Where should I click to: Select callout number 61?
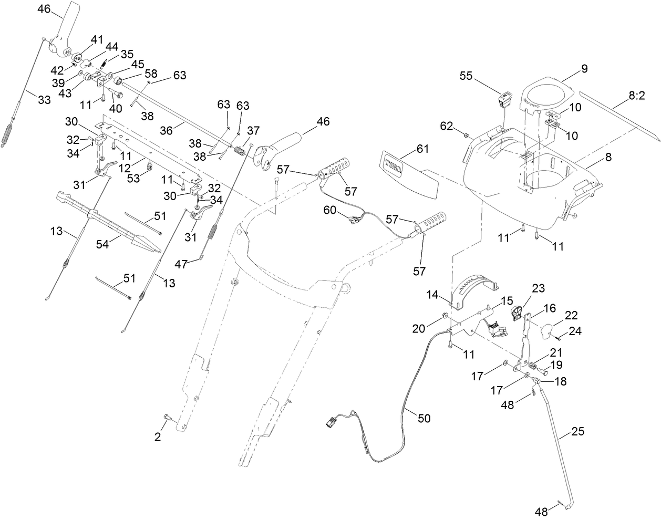coord(422,150)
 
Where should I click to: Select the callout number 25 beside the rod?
coord(577,432)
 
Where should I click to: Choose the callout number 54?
coord(103,244)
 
